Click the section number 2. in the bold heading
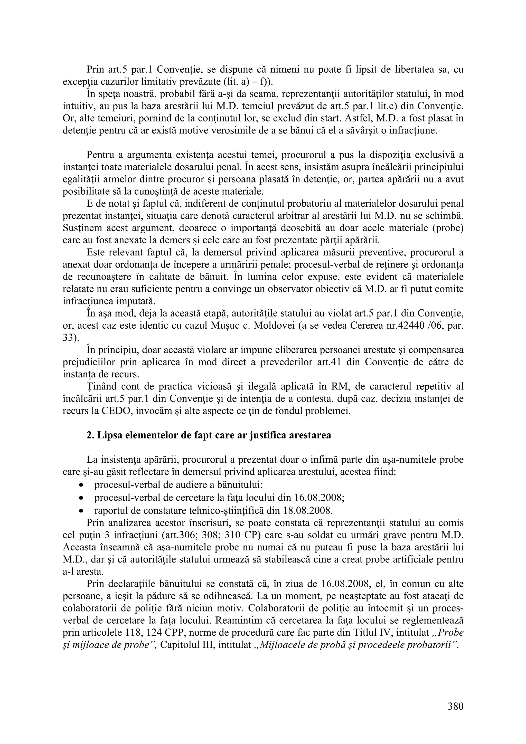[x=90, y=435]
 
